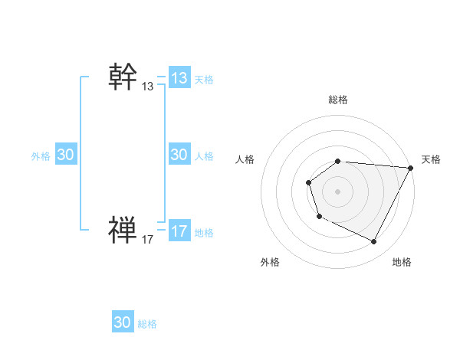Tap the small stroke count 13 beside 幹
pos(148,87)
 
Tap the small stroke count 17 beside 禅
pos(148,240)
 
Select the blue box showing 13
pos(179,78)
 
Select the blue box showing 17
pos(179,231)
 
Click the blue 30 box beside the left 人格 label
pos(179,155)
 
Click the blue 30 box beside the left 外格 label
pos(66,155)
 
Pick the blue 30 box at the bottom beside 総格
pos(123,322)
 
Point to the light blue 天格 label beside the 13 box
pos(204,79)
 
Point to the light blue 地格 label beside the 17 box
pos(204,232)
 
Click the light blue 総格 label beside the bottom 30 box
pos(147,324)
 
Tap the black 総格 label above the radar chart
pos(338,100)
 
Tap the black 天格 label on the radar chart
pos(432,159)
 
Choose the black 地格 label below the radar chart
pos(402,262)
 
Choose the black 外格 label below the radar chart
pos(270,262)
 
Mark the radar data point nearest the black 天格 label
pos(410,168)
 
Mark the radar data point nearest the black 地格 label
pos(374,242)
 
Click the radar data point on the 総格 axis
pos(337,161)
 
